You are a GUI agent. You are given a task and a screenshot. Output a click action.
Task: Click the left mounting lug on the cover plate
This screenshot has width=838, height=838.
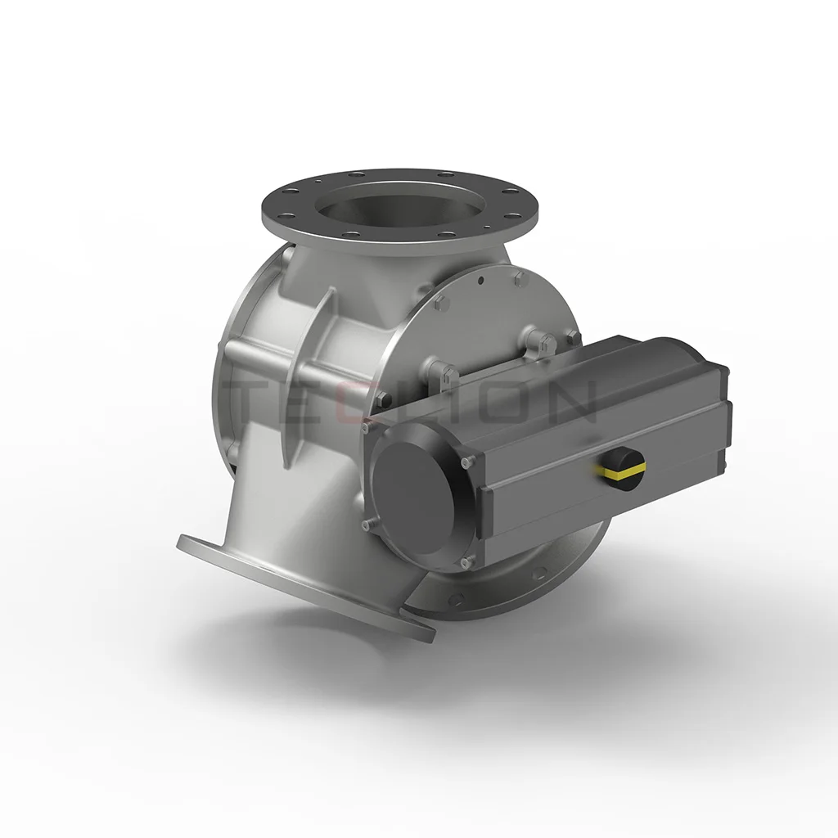coord(442,376)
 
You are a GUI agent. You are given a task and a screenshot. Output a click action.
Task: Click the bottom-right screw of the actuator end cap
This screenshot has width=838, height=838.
coord(467,562)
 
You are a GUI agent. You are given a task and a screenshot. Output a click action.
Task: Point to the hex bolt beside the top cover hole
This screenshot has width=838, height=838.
coord(519,282)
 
